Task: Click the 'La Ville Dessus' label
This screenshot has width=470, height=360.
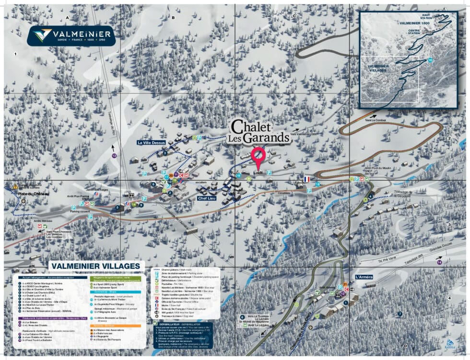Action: [x=152, y=142]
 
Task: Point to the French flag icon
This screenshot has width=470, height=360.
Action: [x=306, y=179]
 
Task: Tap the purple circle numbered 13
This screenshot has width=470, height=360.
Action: [x=114, y=156]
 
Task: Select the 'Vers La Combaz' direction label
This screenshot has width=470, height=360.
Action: [x=375, y=119]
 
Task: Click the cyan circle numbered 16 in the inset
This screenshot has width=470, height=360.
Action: [x=430, y=60]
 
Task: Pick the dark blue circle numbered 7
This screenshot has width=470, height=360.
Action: [x=399, y=314]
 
